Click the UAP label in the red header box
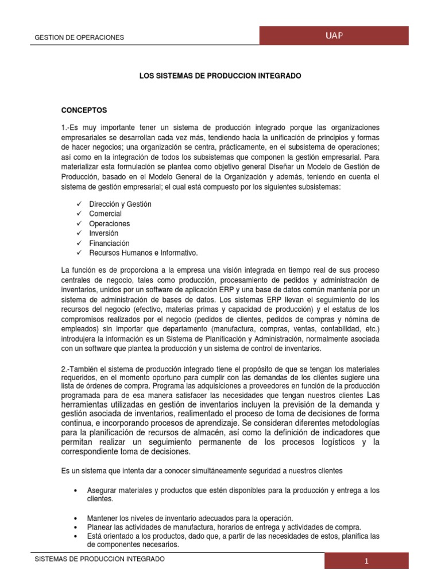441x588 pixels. tap(334, 36)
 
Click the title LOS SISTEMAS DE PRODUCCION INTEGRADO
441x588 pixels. tap(220, 75)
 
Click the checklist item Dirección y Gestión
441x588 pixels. tap(120, 204)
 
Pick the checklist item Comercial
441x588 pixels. tap(105, 214)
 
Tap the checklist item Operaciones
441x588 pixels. tap(109, 223)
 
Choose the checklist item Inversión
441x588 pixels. tap(103, 233)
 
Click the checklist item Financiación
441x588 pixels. tap(109, 243)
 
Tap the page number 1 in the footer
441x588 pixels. tap(365, 562)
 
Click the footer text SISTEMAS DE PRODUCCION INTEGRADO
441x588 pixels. tap(100, 559)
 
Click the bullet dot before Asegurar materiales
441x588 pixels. tap(76, 490)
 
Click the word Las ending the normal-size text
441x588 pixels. tap(373, 396)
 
